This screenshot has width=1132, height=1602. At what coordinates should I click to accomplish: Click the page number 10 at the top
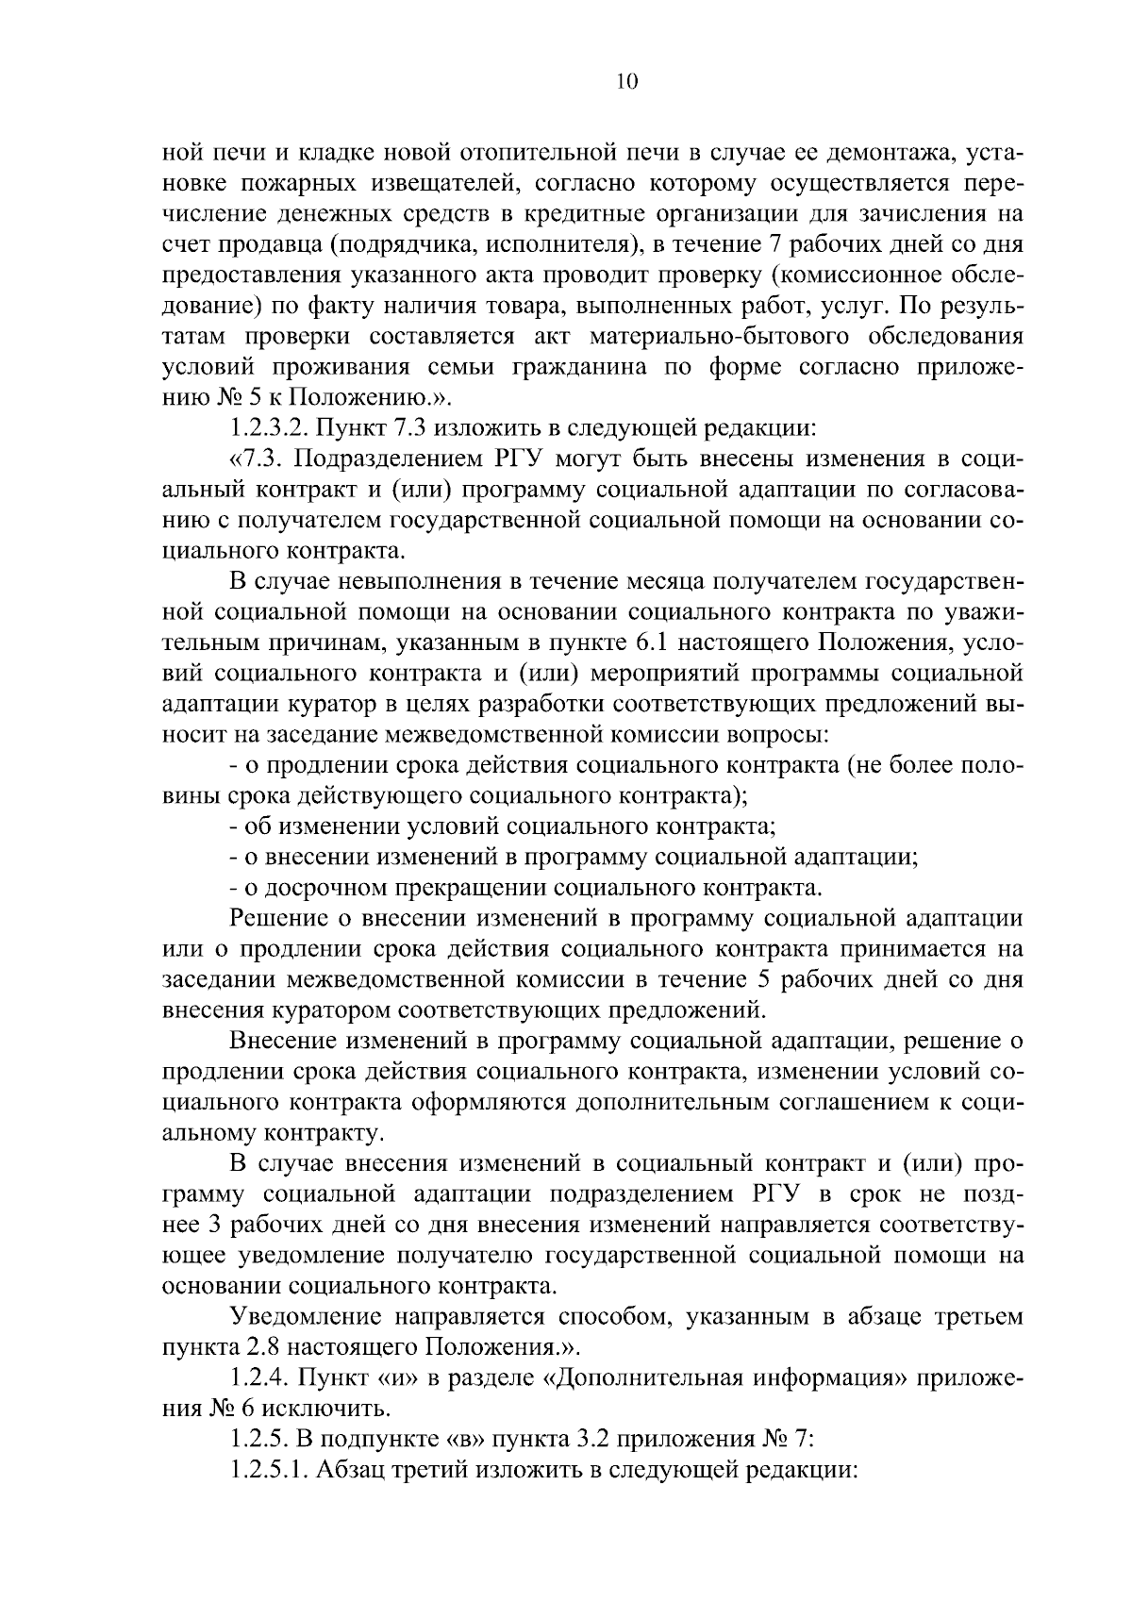[x=627, y=82]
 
